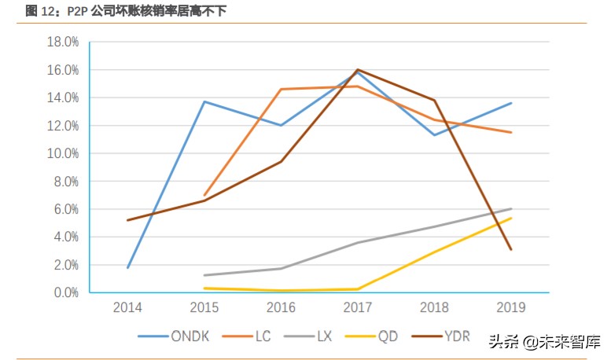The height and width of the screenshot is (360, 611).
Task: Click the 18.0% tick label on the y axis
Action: tap(63, 42)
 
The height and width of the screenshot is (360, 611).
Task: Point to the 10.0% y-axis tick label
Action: tap(63, 153)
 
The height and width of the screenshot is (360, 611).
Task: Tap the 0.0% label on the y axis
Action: tap(66, 292)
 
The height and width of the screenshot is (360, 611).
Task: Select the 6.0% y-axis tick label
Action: tap(66, 209)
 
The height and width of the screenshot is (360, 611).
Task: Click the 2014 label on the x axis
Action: tap(127, 307)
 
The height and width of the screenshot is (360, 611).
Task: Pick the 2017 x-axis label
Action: tap(358, 307)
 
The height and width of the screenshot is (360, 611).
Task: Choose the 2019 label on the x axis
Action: tap(511, 307)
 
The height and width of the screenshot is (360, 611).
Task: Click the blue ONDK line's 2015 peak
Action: tap(204, 101)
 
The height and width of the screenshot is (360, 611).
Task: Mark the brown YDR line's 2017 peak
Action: tap(358, 69)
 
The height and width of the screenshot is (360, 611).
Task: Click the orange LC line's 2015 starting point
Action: tap(204, 195)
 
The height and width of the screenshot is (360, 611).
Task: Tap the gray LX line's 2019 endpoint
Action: tap(511, 209)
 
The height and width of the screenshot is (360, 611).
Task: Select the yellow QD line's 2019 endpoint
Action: tap(511, 218)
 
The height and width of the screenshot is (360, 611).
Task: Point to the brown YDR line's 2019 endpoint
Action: tap(511, 249)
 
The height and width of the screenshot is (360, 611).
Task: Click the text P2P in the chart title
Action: tap(78, 10)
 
